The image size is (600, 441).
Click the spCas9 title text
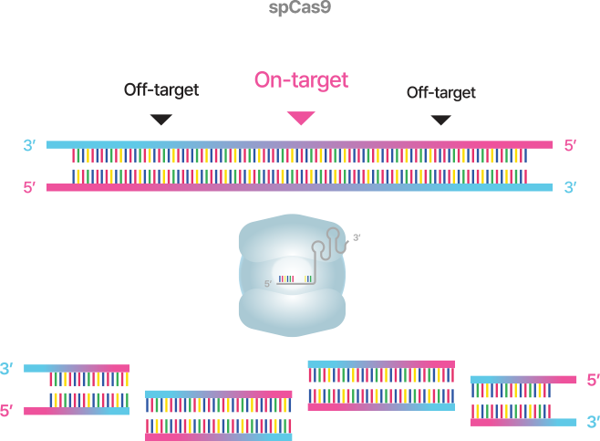point(299,8)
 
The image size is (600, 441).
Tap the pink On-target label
point(301,80)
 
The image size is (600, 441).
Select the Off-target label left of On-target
point(161,90)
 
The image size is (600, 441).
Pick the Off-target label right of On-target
point(441,92)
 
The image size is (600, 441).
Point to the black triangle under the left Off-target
point(161,120)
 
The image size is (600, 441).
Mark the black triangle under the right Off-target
point(441,120)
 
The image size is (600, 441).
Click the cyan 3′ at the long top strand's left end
point(30,145)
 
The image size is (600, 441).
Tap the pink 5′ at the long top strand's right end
point(570,145)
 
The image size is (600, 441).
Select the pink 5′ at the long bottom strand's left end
point(30,188)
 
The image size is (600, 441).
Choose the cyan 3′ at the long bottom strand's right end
point(570,188)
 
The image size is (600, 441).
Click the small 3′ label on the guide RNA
point(357,238)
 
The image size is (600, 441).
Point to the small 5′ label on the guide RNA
point(268,285)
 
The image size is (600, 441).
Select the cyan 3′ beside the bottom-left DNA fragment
point(7,369)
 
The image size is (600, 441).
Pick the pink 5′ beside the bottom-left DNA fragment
point(7,411)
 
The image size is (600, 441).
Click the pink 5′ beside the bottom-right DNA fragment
point(593,380)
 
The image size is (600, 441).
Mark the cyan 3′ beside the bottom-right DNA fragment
point(593,422)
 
